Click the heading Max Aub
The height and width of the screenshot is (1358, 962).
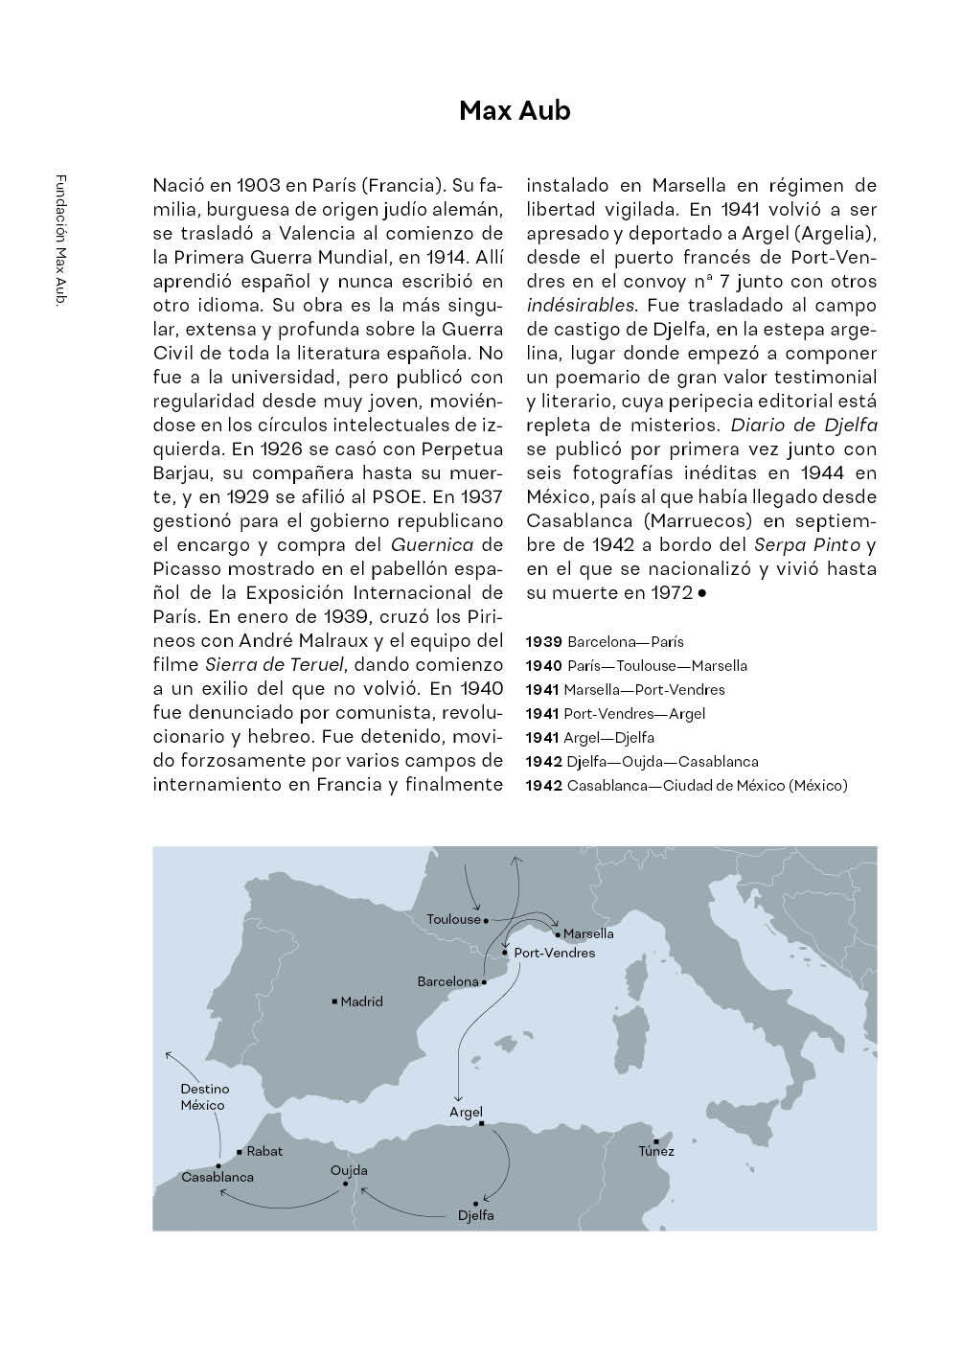(515, 111)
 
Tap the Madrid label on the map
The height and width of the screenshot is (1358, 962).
(361, 1001)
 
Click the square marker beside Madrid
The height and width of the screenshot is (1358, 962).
(333, 1001)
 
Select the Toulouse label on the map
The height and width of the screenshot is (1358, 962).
(453, 919)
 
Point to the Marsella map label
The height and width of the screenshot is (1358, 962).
(588, 933)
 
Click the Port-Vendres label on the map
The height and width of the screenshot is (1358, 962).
(554, 953)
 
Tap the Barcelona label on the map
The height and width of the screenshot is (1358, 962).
(447, 981)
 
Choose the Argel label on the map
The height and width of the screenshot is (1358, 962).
(466, 1112)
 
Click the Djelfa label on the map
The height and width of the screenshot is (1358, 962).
(476, 1216)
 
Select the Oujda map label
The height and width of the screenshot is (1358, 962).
(349, 1170)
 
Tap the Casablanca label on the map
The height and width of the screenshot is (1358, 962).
(218, 1177)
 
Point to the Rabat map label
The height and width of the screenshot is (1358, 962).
(264, 1151)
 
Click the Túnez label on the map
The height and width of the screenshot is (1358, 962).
(656, 1151)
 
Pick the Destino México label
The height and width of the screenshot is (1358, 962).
(205, 1097)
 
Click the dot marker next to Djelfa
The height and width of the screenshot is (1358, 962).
(475, 1203)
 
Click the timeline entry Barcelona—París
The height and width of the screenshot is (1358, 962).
(625, 641)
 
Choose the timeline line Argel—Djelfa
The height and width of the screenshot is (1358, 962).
(608, 737)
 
